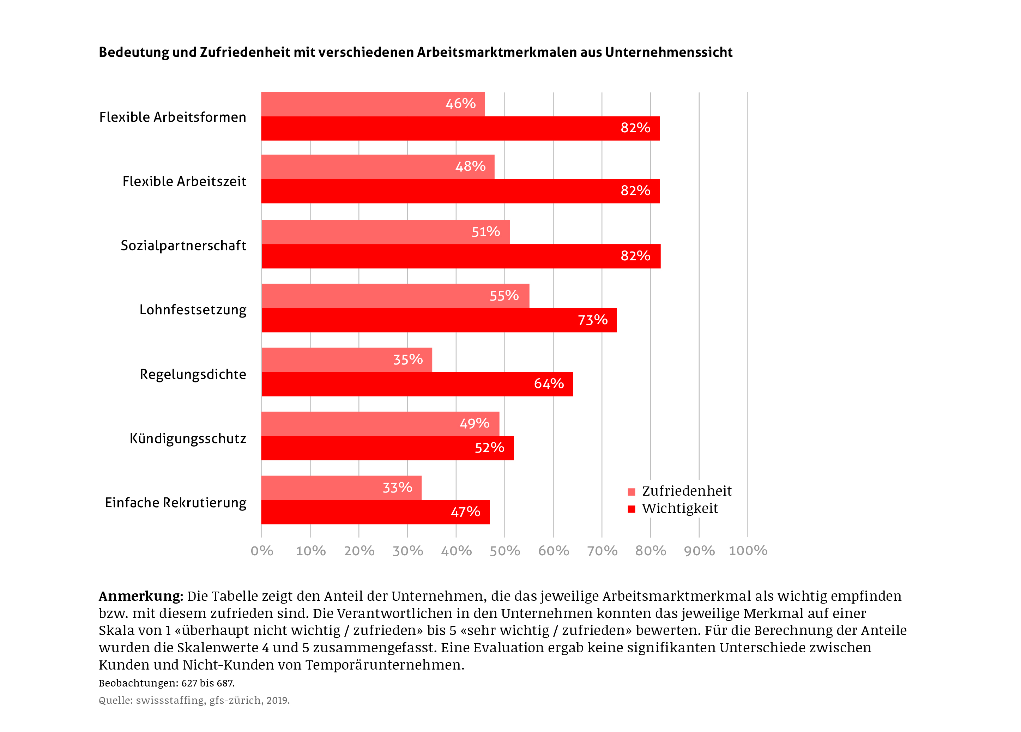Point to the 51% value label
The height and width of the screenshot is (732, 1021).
pyautogui.click(x=486, y=232)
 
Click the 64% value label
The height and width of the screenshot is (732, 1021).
pyautogui.click(x=549, y=383)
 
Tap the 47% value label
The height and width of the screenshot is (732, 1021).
pyautogui.click(x=465, y=512)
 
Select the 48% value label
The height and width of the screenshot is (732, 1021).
pyautogui.click(x=470, y=167)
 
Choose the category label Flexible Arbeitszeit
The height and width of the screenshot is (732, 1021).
pyautogui.click(x=184, y=181)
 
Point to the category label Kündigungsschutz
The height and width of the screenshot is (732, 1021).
pyautogui.click(x=188, y=438)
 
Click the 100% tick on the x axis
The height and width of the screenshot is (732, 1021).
pyautogui.click(x=748, y=550)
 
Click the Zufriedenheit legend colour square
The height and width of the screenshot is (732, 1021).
pyautogui.click(x=631, y=492)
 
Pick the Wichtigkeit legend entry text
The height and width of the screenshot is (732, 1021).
pyautogui.click(x=680, y=508)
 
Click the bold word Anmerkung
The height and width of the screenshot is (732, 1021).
pyautogui.click(x=141, y=596)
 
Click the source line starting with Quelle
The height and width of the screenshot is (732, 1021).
pyautogui.click(x=194, y=700)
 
